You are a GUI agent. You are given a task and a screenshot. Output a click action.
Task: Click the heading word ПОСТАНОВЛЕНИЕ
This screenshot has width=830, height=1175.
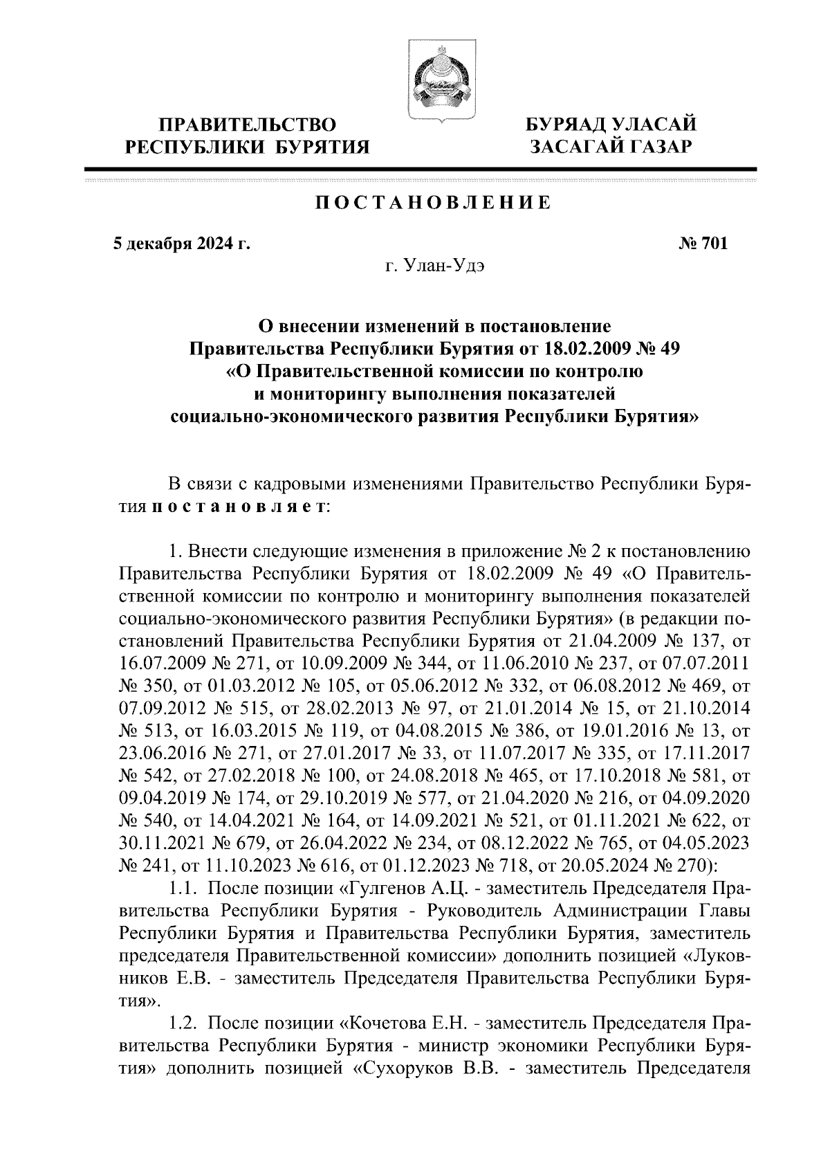coord(434,203)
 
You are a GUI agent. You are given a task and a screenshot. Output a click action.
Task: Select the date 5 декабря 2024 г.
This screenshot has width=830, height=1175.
coord(181,244)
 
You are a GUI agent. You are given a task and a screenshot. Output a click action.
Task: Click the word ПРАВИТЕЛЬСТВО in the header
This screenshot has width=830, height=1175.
coord(247,125)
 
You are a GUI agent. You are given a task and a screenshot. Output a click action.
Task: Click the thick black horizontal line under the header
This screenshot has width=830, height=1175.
coord(421,170)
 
